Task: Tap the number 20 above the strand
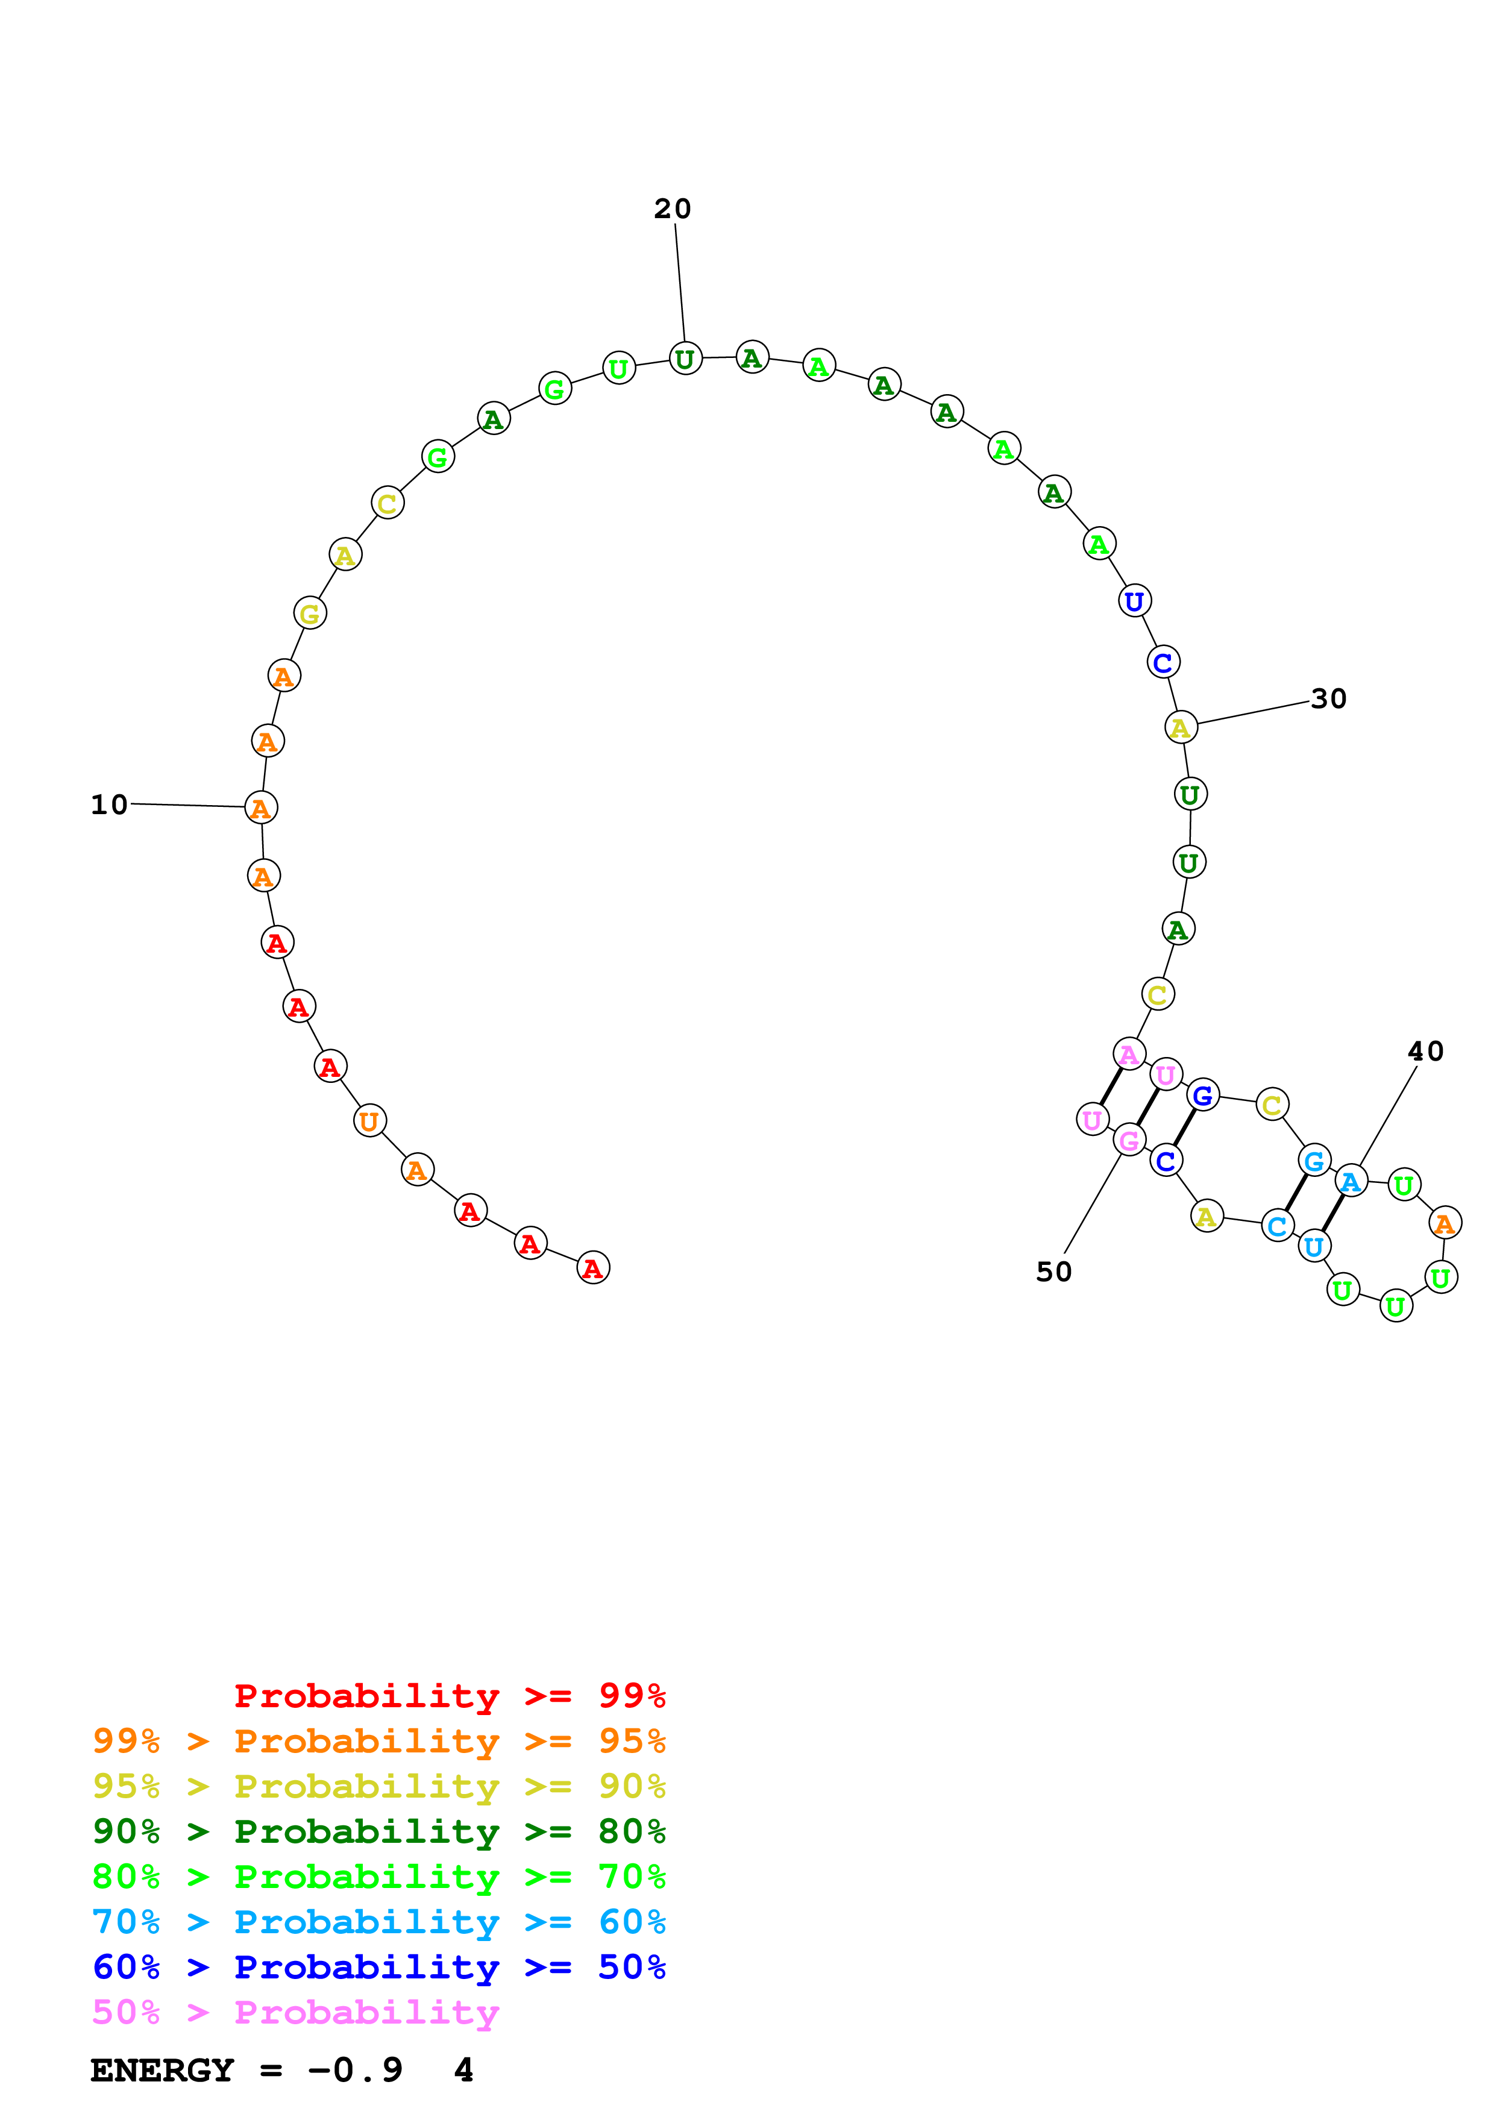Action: point(672,209)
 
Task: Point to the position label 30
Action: point(1328,699)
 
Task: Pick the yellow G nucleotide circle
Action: point(310,613)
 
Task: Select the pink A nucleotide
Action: point(1129,1054)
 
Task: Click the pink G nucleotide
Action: point(1129,1141)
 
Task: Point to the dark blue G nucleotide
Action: point(1202,1096)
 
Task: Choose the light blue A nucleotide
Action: point(1351,1181)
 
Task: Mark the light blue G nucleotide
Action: point(1314,1161)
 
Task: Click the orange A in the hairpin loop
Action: point(1445,1224)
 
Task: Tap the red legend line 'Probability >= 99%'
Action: point(449,1696)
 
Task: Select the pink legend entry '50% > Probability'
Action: point(295,2013)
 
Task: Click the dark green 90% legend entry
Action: point(378,1831)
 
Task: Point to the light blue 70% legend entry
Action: point(378,1922)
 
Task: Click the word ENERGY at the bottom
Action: point(162,2071)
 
